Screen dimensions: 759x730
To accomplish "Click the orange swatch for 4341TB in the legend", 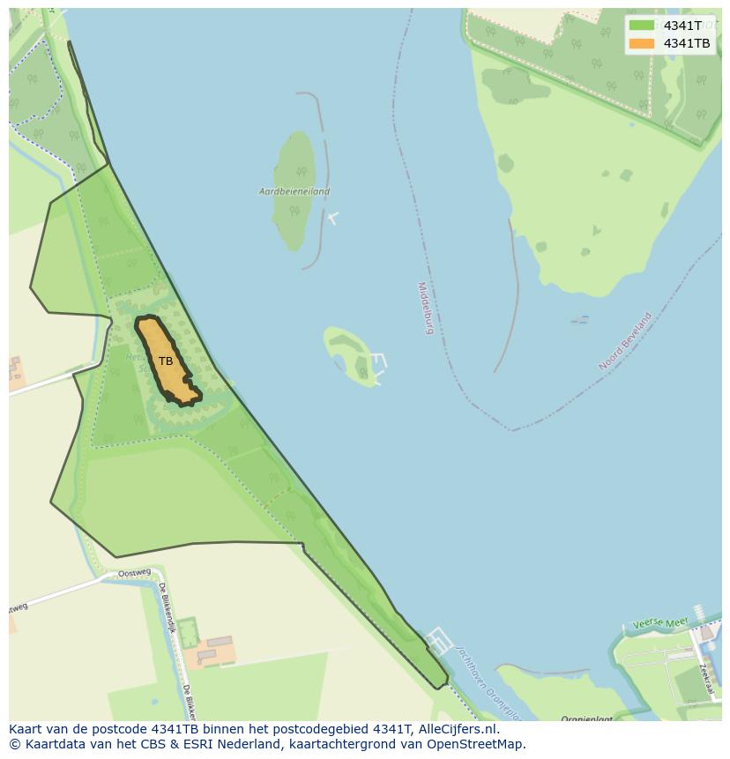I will pos(642,43).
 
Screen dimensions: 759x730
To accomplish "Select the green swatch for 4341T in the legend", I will pos(642,26).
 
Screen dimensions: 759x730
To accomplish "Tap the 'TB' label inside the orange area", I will pos(166,361).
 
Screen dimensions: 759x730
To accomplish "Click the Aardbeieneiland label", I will pos(294,191).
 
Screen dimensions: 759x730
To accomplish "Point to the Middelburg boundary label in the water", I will pos(426,309).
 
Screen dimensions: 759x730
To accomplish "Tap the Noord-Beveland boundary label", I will pos(625,341).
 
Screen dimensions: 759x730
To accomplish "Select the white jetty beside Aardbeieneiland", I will pos(332,217).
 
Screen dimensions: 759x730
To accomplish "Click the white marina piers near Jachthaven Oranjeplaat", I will pos(438,641).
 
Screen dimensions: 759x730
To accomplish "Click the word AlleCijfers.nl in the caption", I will pos(458,729).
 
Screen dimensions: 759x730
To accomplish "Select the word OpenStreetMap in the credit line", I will pos(476,744).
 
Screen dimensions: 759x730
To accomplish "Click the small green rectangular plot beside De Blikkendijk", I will pos(187,631).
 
